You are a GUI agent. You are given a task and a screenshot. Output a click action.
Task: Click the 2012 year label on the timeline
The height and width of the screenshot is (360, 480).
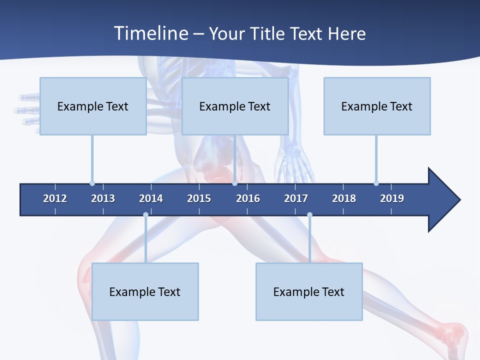pyautogui.click(x=55, y=198)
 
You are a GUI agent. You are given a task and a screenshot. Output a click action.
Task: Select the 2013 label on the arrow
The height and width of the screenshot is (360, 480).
pyautogui.click(x=103, y=198)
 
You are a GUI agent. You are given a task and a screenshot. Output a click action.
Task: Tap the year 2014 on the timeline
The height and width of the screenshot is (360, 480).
pyautogui.click(x=151, y=198)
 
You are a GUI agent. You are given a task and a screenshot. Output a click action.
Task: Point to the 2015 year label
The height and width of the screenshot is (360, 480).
pyautogui.click(x=199, y=198)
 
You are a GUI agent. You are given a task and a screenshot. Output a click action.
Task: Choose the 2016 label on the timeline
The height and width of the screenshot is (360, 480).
pyautogui.click(x=248, y=198)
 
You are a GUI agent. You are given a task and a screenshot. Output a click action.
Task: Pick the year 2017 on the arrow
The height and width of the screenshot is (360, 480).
pyautogui.click(x=296, y=198)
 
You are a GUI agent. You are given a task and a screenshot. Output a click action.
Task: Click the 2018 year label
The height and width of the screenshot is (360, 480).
pyautogui.click(x=344, y=198)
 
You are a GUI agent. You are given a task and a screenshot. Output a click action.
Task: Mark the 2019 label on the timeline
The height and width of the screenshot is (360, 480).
pyautogui.click(x=392, y=198)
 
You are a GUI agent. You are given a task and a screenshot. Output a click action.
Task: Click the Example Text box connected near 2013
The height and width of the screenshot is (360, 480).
pyautogui.click(x=93, y=106)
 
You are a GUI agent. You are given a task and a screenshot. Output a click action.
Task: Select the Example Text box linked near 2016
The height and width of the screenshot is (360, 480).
pyautogui.click(x=235, y=106)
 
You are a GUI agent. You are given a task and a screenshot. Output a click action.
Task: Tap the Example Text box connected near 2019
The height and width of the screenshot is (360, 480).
pyautogui.click(x=377, y=106)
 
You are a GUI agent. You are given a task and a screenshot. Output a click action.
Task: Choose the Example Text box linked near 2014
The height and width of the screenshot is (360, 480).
pyautogui.click(x=145, y=291)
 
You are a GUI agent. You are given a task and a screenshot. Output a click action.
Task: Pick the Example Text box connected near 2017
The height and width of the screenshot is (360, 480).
pyautogui.click(x=309, y=291)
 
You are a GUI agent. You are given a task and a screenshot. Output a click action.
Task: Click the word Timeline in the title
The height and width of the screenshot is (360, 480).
pyautogui.click(x=150, y=33)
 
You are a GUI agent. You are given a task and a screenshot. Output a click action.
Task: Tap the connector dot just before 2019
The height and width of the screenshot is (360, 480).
pyautogui.click(x=376, y=183)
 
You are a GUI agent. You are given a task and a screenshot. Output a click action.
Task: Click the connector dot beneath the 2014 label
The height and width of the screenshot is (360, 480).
pyautogui.click(x=145, y=215)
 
